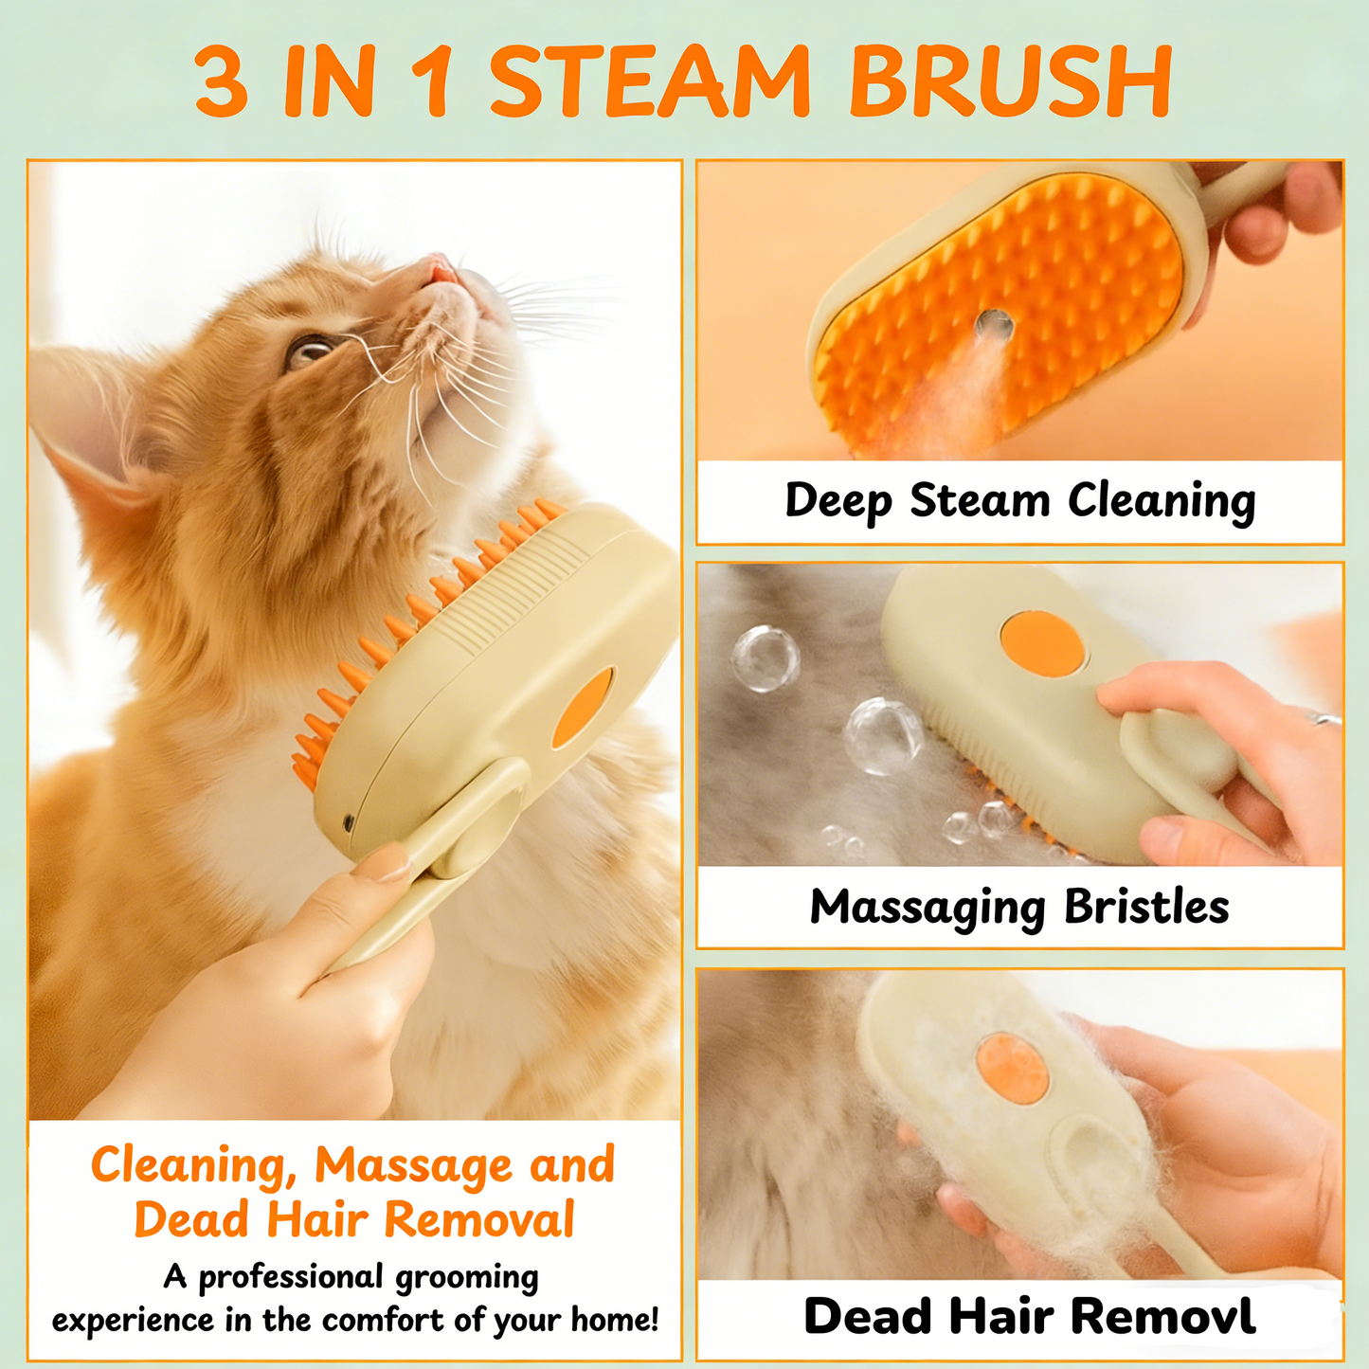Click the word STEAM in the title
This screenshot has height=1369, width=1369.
[x=649, y=82]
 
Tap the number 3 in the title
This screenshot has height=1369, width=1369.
[x=222, y=82]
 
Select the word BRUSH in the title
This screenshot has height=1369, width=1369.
[x=1011, y=82]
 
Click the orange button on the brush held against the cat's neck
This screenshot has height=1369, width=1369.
[x=584, y=707]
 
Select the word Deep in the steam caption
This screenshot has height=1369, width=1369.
[x=838, y=501]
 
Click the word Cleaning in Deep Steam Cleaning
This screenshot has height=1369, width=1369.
[x=1162, y=501]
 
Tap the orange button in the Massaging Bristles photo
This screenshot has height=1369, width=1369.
[x=1042, y=644]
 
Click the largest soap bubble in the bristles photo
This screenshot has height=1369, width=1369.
[x=883, y=735]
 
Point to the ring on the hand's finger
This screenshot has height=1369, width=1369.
[x=1326, y=719]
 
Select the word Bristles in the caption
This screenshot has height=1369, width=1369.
[x=1146, y=908]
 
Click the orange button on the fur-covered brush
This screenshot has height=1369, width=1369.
[x=1012, y=1069]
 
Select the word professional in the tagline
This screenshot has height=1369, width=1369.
[x=290, y=1277]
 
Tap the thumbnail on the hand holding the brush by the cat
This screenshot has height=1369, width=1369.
[x=383, y=864]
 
